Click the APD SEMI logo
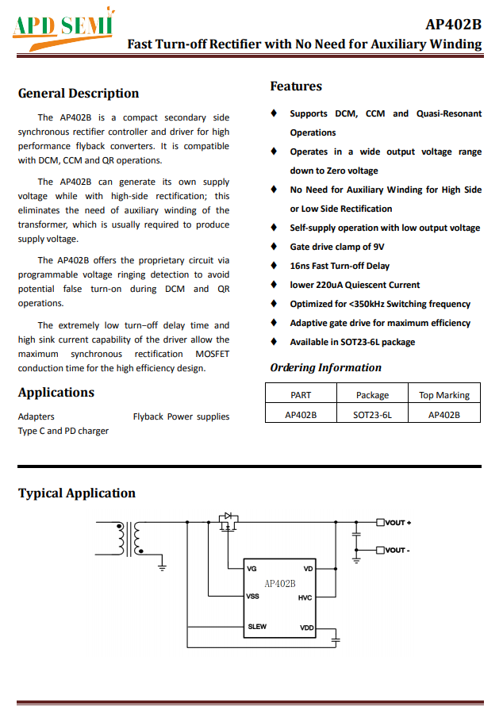click(x=63, y=25)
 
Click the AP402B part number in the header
click(x=453, y=24)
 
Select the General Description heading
click(x=79, y=94)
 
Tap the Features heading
click(x=296, y=86)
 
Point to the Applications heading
click(x=56, y=393)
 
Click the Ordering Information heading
click(x=325, y=367)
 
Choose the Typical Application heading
click(x=77, y=493)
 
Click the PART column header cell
click(x=301, y=395)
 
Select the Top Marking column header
click(x=443, y=395)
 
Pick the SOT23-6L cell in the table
click(x=372, y=414)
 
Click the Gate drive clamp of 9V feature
click(x=337, y=247)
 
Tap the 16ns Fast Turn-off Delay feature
click(x=340, y=266)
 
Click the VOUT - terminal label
click(x=397, y=550)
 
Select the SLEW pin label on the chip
click(x=257, y=627)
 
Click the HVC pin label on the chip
click(x=305, y=597)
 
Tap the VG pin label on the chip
click(x=252, y=569)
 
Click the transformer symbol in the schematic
click(x=130, y=539)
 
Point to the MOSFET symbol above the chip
click(x=228, y=522)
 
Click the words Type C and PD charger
click(x=63, y=431)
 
